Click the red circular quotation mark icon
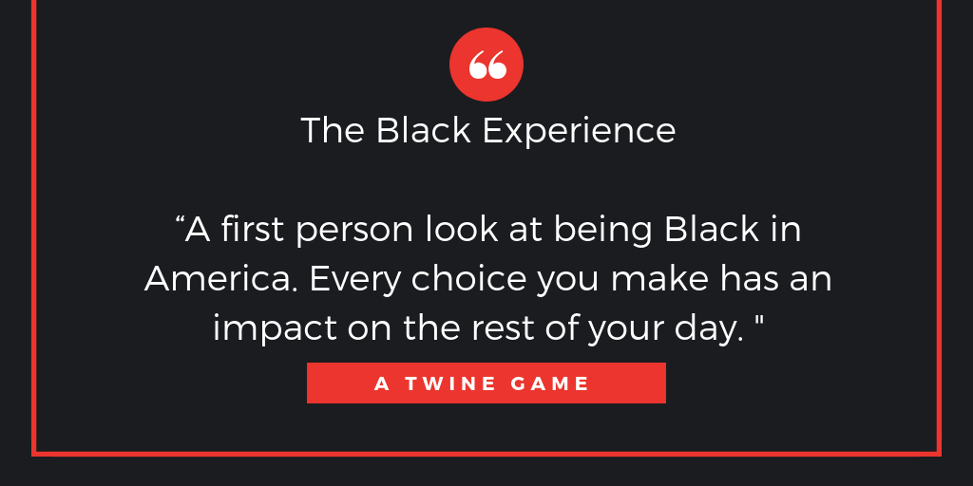[486, 65]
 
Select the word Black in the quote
[711, 230]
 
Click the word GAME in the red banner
[552, 384]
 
